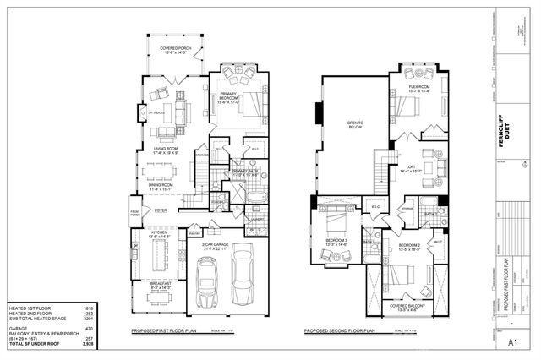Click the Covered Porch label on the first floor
click(x=175, y=50)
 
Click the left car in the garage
click(x=207, y=286)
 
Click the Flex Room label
click(x=419, y=89)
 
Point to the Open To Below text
click(x=355, y=126)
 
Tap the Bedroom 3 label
click(x=337, y=242)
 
